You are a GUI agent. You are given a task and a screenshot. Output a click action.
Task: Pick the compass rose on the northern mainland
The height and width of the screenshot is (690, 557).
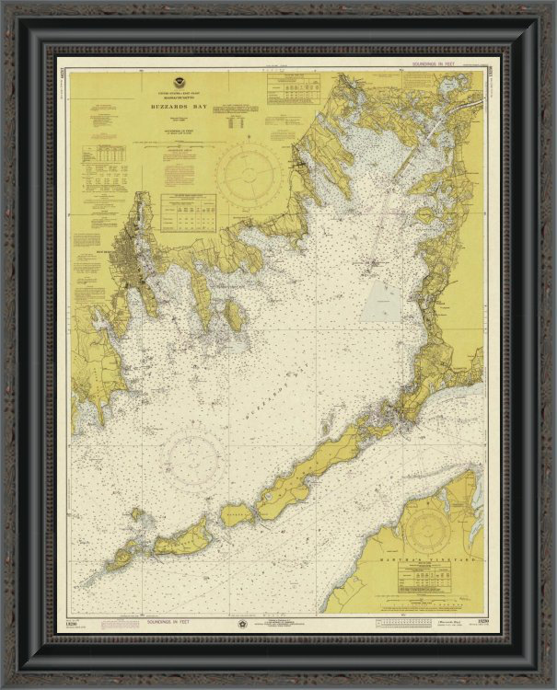point(249,169)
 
